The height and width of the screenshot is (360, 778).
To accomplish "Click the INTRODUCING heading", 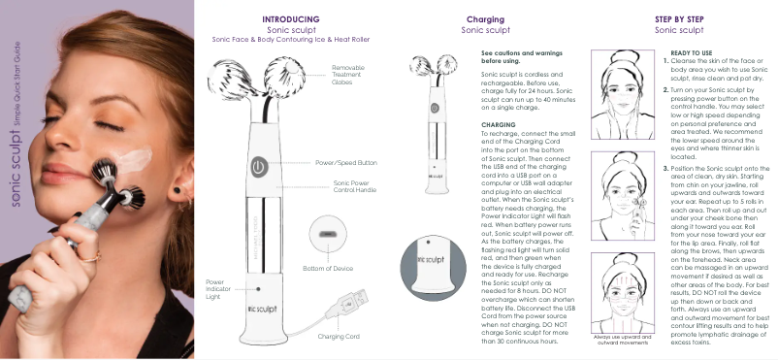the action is [291, 19].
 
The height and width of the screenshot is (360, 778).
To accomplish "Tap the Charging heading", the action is [485, 19].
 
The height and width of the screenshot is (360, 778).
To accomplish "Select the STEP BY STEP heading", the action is [679, 19].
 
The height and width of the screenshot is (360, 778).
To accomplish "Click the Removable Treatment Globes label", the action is [348, 75].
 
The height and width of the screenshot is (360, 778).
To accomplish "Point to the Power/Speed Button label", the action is [346, 163].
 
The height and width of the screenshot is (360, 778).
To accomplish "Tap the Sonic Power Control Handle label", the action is [355, 186].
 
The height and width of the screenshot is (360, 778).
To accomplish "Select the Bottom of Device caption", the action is [328, 269].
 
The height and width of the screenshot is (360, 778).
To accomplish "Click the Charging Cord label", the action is [339, 337].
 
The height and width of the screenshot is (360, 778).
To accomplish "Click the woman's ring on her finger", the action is [90, 256].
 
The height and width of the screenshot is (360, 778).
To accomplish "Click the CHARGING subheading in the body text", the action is [499, 125].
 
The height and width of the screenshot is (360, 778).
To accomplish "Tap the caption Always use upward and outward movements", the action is [623, 340].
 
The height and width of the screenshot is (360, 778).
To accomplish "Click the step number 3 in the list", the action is [666, 168].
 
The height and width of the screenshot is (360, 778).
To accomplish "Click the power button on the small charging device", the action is [435, 108].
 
